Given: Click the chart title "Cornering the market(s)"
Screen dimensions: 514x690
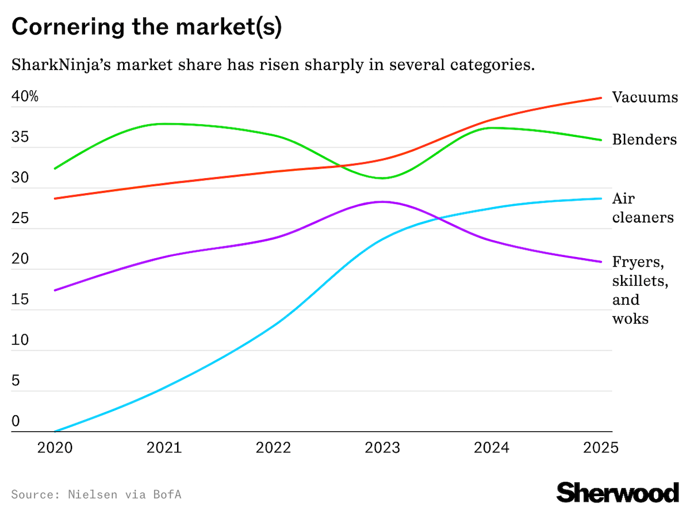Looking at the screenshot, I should (x=147, y=28).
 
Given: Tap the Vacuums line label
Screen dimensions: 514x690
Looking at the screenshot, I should (x=645, y=97).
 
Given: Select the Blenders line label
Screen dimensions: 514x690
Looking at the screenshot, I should (x=644, y=139).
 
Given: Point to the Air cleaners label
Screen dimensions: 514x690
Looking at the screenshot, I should (x=642, y=208).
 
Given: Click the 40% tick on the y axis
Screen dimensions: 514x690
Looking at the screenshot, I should (x=25, y=97).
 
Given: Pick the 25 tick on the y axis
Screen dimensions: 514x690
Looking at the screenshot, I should (x=20, y=218).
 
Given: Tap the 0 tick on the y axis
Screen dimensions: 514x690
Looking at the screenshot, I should (x=16, y=422).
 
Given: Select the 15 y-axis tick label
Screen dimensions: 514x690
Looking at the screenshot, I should (x=20, y=300).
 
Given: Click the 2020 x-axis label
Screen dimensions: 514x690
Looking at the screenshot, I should (x=55, y=448).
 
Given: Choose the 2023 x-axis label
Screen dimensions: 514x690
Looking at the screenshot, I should (x=382, y=448).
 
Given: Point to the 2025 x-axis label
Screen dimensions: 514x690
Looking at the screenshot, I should (x=601, y=448).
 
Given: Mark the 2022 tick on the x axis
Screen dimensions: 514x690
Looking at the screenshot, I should (x=273, y=448).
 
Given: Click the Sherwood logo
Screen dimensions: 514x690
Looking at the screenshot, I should (x=618, y=493).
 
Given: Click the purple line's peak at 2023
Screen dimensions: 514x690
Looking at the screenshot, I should (x=382, y=202).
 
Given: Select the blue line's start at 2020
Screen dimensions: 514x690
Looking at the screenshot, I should (x=55, y=431).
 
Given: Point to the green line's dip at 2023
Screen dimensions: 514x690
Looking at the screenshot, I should (x=382, y=178).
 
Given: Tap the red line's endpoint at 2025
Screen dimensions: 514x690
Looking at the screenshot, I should (x=601, y=98).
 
